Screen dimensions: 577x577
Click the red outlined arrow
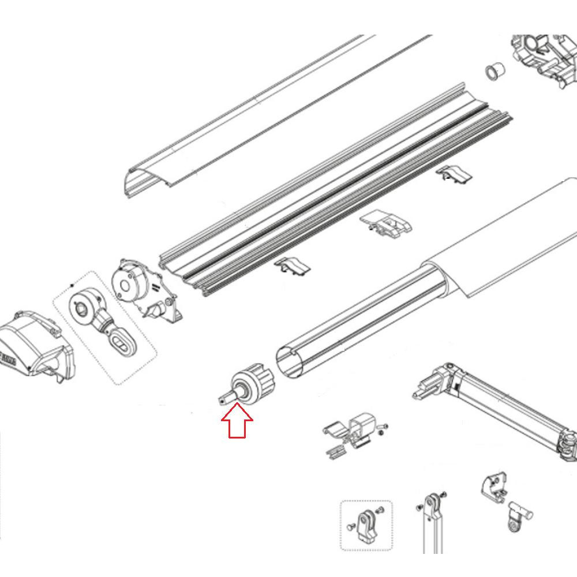(x=237, y=421)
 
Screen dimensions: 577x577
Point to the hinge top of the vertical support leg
(x=430, y=503)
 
